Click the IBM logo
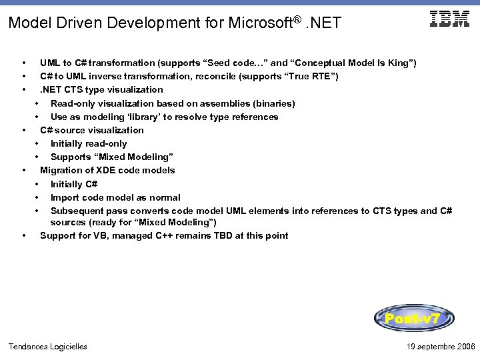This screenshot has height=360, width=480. (x=450, y=19)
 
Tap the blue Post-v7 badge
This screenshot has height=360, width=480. (x=414, y=319)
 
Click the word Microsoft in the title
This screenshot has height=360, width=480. (x=257, y=23)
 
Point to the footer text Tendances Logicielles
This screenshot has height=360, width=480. (x=47, y=346)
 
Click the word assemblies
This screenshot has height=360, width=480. (x=217, y=103)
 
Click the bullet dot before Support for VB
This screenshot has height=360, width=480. (x=24, y=235)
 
